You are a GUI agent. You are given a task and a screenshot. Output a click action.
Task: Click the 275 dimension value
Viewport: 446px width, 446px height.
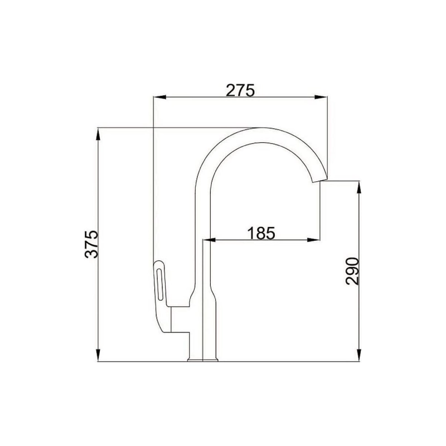coord(240,90)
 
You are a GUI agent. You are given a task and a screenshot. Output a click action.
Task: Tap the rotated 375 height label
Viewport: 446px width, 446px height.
coord(92,244)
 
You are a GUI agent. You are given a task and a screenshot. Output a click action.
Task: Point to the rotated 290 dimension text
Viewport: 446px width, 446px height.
coord(352,271)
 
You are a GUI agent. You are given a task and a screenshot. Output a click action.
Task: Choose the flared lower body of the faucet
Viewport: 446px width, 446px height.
coord(202,312)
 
